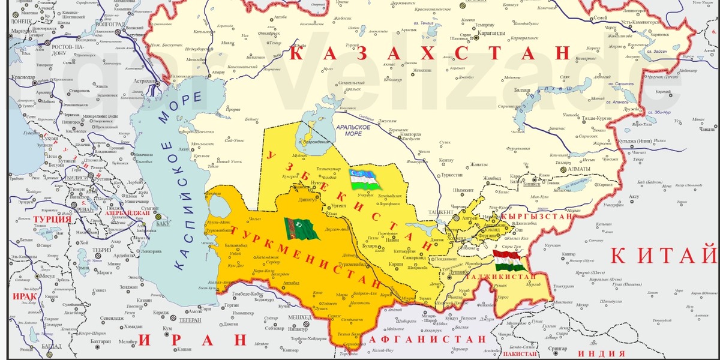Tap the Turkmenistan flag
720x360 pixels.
pos(301,229)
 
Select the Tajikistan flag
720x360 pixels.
pos(510,262)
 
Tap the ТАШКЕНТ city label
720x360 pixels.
pos(440,213)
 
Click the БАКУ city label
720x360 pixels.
pos(163,224)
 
